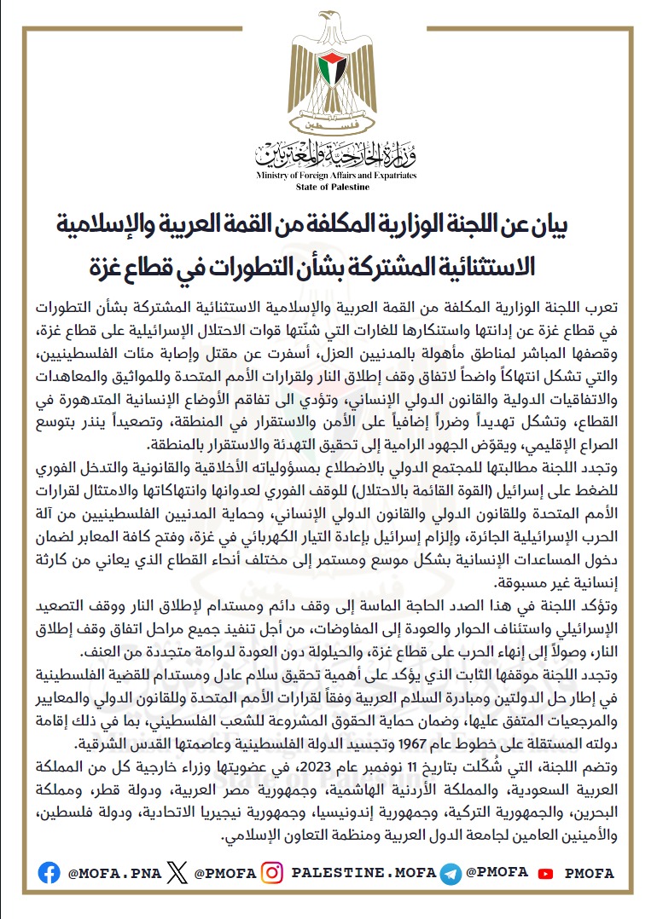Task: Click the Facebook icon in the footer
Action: click(x=49, y=872)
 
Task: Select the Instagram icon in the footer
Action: click(x=272, y=872)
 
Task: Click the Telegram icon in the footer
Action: click(x=451, y=872)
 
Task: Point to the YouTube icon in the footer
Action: click(x=546, y=873)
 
